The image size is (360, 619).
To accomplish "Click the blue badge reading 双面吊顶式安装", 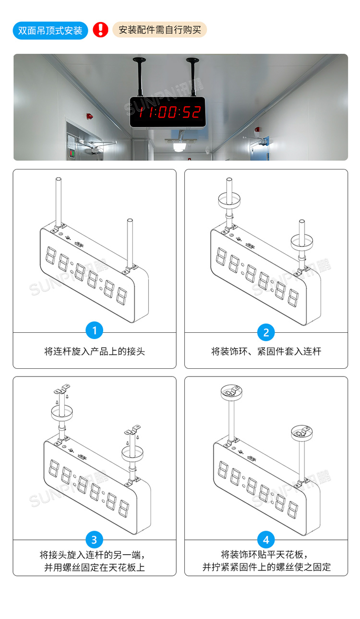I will click(50, 30).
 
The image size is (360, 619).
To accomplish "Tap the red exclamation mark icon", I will click(100, 30).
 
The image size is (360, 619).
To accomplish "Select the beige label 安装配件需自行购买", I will click(159, 30).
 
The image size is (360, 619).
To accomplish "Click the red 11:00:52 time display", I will click(168, 112).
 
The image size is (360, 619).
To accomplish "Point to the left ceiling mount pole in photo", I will click(140, 76).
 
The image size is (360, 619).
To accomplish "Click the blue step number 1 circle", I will click(94, 330).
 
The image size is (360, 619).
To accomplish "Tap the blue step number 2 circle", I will click(266, 332).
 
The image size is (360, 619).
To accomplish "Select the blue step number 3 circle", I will click(94, 539).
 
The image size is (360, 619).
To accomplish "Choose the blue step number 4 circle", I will click(266, 539).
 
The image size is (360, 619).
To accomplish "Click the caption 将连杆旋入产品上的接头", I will click(94, 352).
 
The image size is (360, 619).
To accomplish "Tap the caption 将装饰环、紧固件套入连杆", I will click(266, 352).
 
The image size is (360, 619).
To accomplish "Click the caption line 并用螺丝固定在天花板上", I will click(94, 567).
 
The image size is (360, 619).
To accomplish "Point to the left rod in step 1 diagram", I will click(58, 202).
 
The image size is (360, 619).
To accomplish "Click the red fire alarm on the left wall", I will click(89, 117).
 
